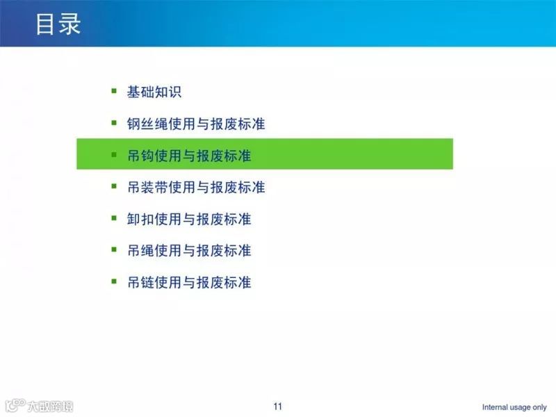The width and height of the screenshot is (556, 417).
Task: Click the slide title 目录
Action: [x=58, y=24]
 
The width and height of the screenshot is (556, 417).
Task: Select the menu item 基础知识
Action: [x=154, y=92]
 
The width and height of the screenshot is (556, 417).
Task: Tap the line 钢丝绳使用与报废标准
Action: [x=196, y=124]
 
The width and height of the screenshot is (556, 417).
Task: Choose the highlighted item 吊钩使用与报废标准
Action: [x=189, y=156]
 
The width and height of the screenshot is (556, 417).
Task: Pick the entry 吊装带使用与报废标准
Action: [x=196, y=188]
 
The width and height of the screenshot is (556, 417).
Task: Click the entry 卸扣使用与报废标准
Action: [x=189, y=219]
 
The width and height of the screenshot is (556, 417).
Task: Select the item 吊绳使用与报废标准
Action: [x=189, y=250]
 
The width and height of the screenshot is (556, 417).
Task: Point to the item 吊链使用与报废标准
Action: [x=189, y=282]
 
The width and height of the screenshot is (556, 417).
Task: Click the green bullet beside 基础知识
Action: [x=114, y=91]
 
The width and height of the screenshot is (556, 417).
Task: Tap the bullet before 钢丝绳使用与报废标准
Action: [x=114, y=123]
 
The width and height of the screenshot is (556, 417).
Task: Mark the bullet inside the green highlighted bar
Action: [x=114, y=155]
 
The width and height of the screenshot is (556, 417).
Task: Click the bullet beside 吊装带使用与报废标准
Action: [x=114, y=186]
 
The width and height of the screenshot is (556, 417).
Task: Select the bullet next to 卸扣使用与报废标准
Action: [x=114, y=218]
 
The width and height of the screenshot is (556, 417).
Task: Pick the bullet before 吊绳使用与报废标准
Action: [x=114, y=250]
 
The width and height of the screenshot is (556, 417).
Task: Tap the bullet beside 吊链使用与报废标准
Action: [x=114, y=281]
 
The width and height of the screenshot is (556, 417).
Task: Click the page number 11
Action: [x=278, y=407]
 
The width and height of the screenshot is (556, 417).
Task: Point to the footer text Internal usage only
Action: [x=514, y=407]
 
